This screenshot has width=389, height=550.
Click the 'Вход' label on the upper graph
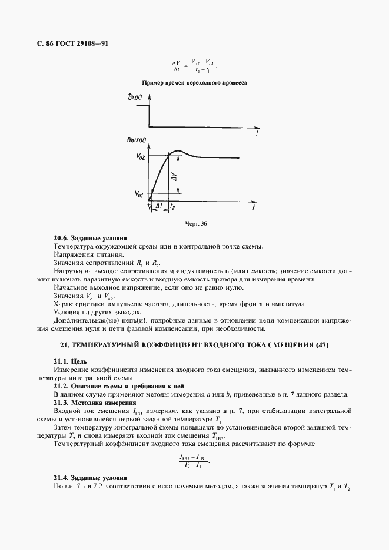tap(135, 98)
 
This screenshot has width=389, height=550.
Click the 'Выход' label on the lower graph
tap(137, 140)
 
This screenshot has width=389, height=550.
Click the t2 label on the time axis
tap(171, 207)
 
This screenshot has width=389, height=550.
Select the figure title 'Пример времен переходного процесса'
tap(194, 83)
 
